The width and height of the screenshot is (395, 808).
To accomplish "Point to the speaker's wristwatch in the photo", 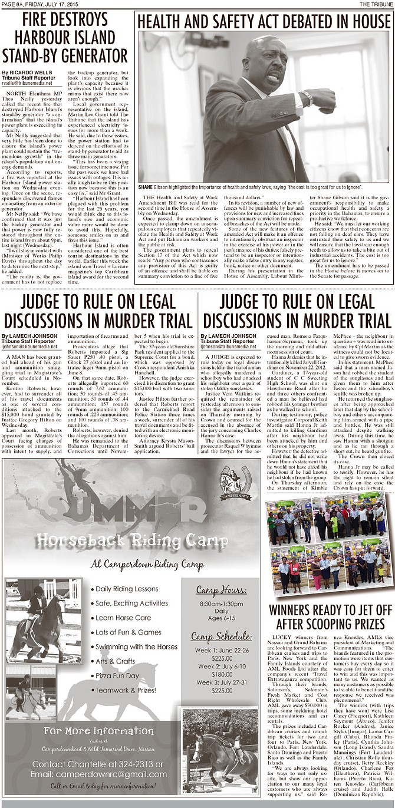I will (308, 97).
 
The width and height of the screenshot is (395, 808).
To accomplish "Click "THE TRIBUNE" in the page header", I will (377, 4).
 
